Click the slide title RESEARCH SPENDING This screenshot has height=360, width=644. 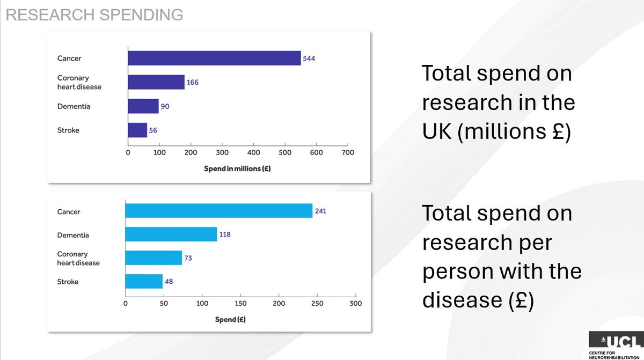(x=94, y=15)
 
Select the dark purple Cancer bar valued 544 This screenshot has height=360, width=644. (x=214, y=58)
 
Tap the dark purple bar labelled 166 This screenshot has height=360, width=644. (x=156, y=82)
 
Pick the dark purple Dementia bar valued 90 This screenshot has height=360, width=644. (x=143, y=106)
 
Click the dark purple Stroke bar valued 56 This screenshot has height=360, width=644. (x=137, y=130)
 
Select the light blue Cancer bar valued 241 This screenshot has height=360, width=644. (x=219, y=211)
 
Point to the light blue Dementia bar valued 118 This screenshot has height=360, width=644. (x=171, y=234)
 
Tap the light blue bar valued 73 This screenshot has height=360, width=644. (x=153, y=258)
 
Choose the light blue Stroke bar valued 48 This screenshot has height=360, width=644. (x=144, y=282)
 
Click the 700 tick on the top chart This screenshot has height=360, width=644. (x=348, y=153)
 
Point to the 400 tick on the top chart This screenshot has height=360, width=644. (x=253, y=153)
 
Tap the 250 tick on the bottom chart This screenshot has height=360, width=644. (x=317, y=304)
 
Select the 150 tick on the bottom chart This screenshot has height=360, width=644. (x=240, y=304)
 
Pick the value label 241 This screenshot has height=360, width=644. (x=320, y=211)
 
